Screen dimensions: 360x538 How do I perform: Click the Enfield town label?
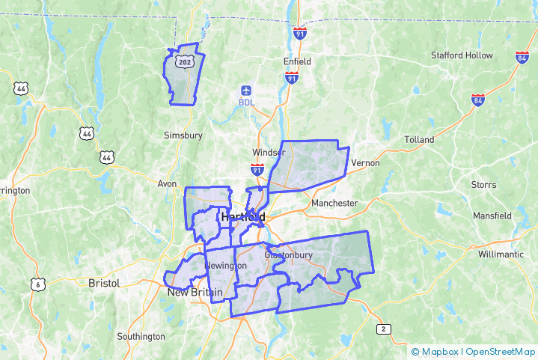tap(297, 61)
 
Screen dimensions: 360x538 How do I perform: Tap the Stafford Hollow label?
tap(462, 55)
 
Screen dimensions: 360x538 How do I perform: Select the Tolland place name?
tap(419, 140)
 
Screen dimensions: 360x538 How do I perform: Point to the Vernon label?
tap(365, 162)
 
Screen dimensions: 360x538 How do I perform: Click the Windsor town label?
tap(269, 152)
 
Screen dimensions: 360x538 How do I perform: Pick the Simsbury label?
tap(183, 135)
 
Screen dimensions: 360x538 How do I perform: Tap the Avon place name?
tap(167, 183)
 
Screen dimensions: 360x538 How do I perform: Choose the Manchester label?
tap(334, 203)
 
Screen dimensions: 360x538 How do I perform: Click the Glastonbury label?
tap(288, 255)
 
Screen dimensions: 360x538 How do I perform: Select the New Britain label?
tap(190, 292)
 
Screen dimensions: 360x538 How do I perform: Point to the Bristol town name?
tap(104, 284)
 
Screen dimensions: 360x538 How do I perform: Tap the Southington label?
tap(141, 336)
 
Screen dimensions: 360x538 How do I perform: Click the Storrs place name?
tap(483, 185)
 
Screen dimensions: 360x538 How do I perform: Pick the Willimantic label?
tap(501, 254)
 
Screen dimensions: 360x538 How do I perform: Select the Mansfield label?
tap(492, 216)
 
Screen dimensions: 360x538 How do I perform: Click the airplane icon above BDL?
tap(247, 90)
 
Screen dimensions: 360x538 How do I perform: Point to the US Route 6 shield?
tap(37, 284)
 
